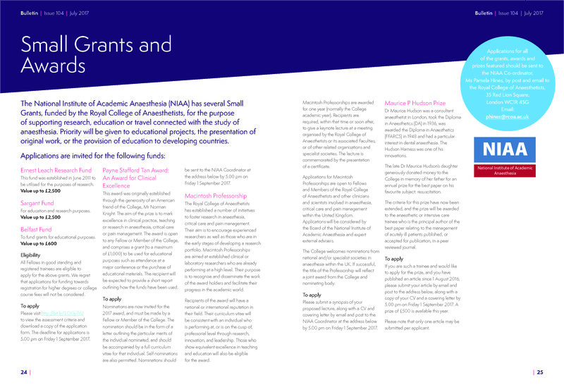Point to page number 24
tap(24, 372)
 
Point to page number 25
tap(539, 372)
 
